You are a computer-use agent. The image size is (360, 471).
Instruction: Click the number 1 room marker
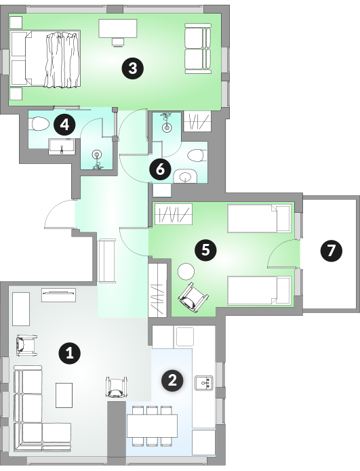[x=70, y=352]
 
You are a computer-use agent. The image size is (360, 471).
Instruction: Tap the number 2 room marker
[x=172, y=381]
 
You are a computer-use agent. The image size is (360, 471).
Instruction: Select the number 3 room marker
[x=132, y=68]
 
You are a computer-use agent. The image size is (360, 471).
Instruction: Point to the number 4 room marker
[x=65, y=125]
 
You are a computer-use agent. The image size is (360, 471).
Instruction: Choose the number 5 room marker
[x=206, y=249]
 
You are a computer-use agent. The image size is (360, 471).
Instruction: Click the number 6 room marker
[x=161, y=169]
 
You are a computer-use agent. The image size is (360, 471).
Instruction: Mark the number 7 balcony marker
[x=331, y=251]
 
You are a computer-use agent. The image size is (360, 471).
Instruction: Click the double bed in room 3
[x=45, y=59]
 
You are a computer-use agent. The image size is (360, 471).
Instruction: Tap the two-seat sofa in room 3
[x=198, y=48]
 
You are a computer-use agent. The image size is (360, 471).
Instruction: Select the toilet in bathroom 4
[x=40, y=124]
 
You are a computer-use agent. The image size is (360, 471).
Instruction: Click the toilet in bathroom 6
[x=196, y=156]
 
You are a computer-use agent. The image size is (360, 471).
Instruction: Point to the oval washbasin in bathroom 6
[x=185, y=176]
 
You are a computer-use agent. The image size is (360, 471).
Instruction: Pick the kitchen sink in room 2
[x=204, y=383]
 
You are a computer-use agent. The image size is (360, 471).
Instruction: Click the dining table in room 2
[x=152, y=426]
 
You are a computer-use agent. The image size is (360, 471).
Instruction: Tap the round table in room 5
[x=186, y=271]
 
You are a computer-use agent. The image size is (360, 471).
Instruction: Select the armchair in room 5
[x=193, y=298]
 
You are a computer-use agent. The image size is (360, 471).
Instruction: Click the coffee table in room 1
[x=64, y=395]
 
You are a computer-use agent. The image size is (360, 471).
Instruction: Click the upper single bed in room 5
[x=260, y=218]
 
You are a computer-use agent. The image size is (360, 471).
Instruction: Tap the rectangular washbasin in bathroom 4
[x=62, y=146]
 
